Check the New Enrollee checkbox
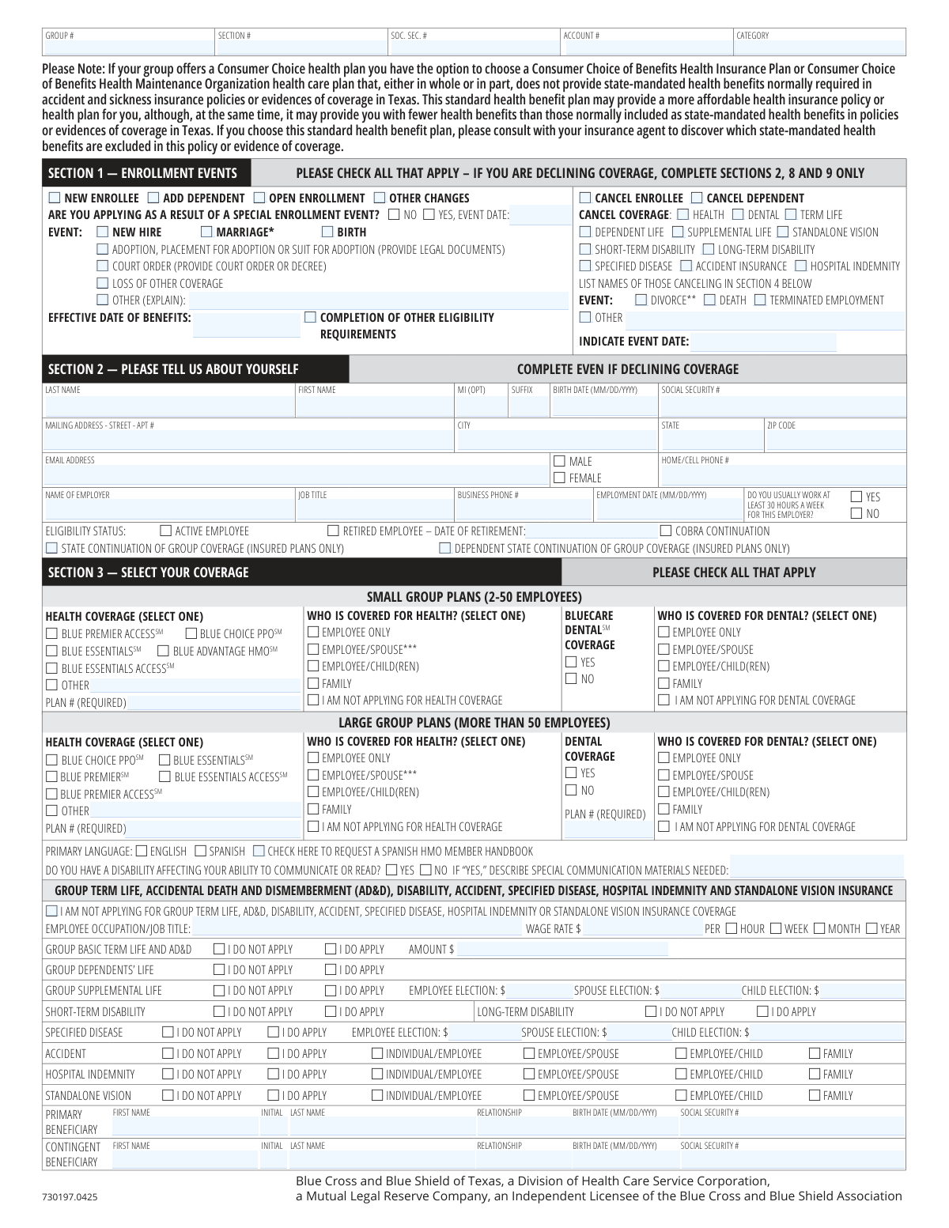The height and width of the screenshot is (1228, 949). tap(54, 198)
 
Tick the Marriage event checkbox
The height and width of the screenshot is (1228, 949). tap(206, 232)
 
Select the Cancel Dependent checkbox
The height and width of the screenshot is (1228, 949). tap(697, 198)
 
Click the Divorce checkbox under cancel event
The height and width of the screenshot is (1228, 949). tap(641, 300)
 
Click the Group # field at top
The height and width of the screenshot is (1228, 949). tap(127, 47)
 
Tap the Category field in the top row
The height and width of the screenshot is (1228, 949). tap(819, 47)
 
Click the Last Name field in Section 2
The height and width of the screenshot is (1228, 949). tap(169, 406)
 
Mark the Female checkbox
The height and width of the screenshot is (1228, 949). tap(560, 478)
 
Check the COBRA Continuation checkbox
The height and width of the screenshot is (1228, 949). tap(666, 531)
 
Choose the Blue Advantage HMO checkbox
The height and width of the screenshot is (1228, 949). tap(163, 651)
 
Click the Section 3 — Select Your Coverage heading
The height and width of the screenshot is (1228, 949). tap(148, 572)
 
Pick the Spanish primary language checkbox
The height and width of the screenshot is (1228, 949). tap(201, 851)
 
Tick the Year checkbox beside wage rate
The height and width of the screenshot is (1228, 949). tap(871, 928)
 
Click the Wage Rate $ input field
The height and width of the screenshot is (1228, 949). tap(642, 928)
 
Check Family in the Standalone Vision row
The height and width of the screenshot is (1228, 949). tap(815, 1095)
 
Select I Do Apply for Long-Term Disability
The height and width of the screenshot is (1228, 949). tap(763, 1011)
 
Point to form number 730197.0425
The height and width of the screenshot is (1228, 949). tap(71, 1197)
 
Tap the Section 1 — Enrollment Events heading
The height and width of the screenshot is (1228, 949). tap(143, 173)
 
